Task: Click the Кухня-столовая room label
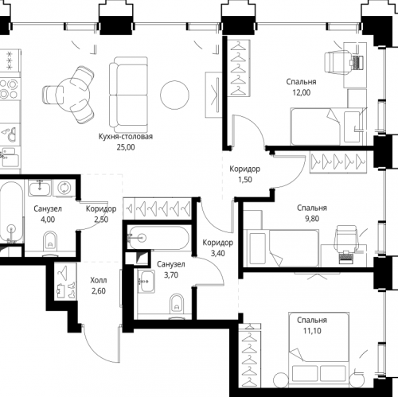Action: point(126,137)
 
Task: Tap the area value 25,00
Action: point(126,147)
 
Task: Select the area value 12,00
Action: point(302,92)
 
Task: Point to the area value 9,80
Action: point(312,219)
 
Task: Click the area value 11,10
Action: point(312,331)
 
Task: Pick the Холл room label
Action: point(99,280)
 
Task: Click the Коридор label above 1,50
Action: point(244,169)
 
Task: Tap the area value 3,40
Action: point(218,253)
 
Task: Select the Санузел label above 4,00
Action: point(48,209)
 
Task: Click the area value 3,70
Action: point(171,275)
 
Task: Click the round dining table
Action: point(72,95)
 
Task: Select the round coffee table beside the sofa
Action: point(174,95)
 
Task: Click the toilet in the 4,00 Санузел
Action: point(50,241)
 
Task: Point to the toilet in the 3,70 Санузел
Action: point(177,303)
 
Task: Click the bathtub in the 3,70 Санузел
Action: point(158,237)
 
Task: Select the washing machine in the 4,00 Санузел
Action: point(64,188)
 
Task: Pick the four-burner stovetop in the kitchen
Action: point(9,88)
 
